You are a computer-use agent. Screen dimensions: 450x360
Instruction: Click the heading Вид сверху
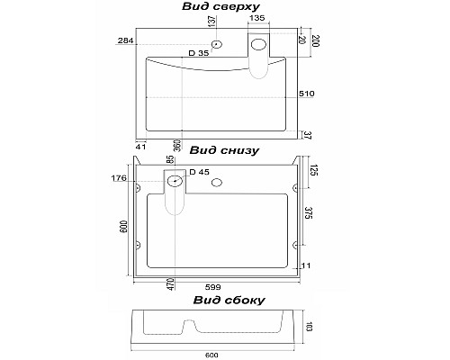point(220,6)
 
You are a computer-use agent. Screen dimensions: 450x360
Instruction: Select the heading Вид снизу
point(224,150)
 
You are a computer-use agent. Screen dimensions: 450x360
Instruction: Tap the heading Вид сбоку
point(229,300)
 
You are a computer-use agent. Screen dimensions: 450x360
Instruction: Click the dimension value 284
point(125,40)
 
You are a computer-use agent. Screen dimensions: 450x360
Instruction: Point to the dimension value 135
point(257,18)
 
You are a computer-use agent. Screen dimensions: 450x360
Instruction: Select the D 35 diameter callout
point(199,53)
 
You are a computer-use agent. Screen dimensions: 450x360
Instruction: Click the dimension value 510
point(307,94)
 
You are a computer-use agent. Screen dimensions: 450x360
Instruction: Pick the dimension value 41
point(140,147)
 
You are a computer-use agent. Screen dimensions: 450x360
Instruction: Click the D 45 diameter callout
point(200,172)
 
